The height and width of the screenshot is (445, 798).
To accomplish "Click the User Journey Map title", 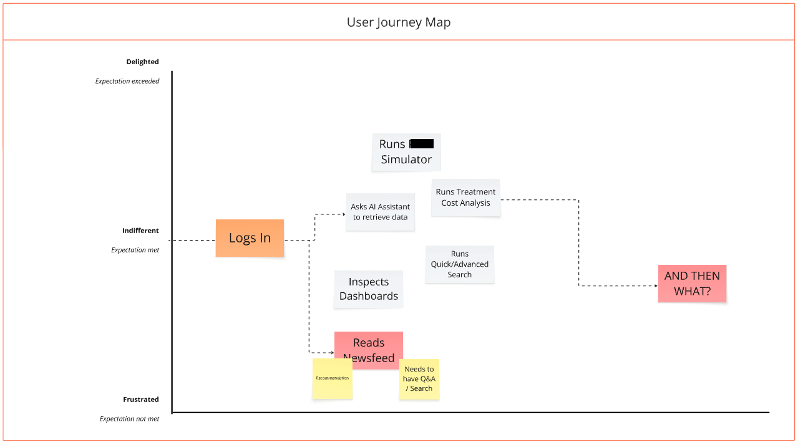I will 399,22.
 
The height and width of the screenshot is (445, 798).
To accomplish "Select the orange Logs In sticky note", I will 250,237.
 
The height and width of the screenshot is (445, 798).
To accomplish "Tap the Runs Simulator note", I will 406,152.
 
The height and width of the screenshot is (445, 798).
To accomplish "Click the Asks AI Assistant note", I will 380,212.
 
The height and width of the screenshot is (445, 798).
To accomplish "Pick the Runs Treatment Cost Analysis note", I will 465,198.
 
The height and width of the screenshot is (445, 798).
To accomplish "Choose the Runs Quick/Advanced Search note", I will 459,264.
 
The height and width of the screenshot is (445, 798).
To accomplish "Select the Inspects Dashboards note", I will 368,289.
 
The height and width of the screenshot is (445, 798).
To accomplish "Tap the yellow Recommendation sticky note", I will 332,378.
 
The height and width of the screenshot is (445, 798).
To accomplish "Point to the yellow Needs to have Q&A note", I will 419,379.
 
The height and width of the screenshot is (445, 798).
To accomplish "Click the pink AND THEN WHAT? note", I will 692,284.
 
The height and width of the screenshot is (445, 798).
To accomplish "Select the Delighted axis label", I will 142,62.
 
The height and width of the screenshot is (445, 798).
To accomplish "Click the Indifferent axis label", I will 140,231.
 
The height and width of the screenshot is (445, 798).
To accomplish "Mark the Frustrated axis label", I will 140,400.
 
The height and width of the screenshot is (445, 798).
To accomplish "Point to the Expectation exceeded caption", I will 127,81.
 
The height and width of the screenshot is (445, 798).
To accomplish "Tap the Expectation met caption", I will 135,250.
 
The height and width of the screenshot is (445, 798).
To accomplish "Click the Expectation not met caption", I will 129,419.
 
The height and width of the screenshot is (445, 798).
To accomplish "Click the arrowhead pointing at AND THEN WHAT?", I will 655,286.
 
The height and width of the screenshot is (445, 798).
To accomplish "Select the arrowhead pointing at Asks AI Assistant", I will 343,214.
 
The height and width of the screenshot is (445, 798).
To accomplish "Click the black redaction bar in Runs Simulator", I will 422,144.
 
